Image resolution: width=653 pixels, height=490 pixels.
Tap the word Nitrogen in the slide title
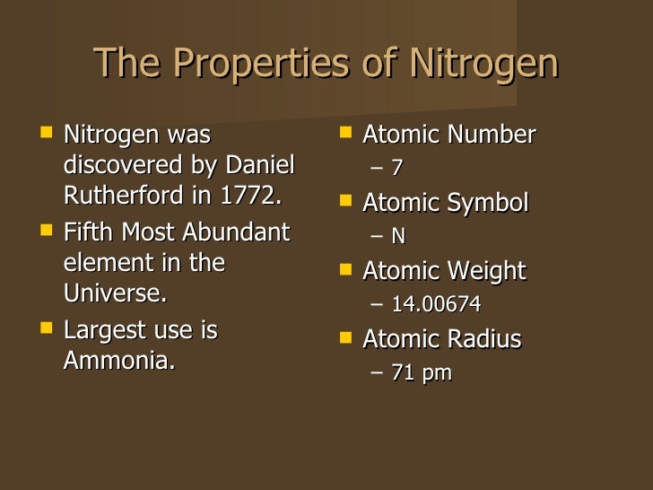coord(483,64)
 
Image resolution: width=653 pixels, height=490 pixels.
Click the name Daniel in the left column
coord(259,167)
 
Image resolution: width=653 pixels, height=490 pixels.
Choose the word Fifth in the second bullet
coord(88,232)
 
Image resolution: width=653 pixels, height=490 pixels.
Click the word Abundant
coord(237,232)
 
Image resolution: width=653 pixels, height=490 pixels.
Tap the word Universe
coord(114,293)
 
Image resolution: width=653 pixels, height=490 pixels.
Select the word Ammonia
coord(118,361)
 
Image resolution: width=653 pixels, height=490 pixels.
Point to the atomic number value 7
coord(397,169)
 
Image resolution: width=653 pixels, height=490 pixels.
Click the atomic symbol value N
coord(398,237)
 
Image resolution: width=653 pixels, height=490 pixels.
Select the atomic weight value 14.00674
coord(436,305)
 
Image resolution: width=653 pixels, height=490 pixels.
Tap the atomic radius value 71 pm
coord(422,373)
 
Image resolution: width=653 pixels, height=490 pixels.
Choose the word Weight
coord(483,271)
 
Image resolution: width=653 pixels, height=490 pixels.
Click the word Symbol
coord(484,203)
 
